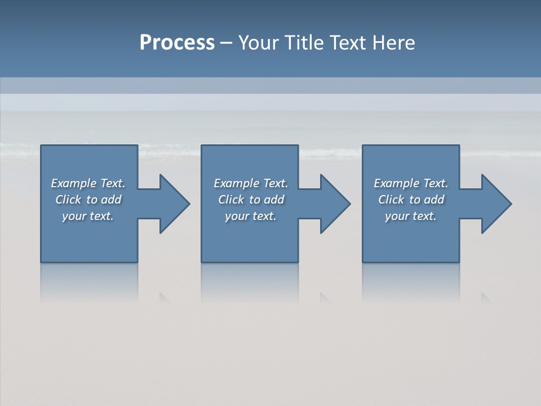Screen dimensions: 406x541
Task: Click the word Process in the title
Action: [177, 43]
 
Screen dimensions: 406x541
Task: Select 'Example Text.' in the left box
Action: [88, 183]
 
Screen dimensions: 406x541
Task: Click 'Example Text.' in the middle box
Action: [250, 183]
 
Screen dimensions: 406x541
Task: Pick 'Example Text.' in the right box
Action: [411, 183]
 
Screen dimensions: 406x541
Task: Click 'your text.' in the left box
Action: [88, 216]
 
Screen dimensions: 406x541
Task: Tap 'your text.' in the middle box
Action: [250, 216]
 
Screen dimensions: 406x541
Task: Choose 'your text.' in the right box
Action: [411, 216]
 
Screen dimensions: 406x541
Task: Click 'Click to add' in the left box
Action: [88, 200]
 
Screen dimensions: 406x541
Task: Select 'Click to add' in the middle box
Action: [250, 200]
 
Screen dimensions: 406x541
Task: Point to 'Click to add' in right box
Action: [411, 200]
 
